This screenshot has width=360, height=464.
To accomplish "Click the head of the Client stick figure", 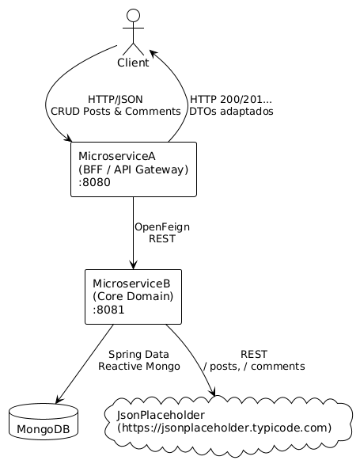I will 133,15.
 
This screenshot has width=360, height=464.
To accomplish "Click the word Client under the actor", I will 133,63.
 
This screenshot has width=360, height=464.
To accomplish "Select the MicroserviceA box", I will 133,169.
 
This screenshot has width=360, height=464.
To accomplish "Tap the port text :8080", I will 95,183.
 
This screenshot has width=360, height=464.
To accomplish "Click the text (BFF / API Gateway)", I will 133,169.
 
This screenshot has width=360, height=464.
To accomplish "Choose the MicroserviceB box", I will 133,296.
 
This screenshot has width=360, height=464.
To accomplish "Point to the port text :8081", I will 108,310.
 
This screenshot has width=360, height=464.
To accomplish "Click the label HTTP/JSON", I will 116,100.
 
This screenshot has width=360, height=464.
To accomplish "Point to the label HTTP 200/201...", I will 230,100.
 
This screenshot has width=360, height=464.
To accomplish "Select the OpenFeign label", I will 161,227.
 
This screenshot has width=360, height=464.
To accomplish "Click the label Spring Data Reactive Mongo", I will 138,360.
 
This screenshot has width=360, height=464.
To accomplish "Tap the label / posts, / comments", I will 254,367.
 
